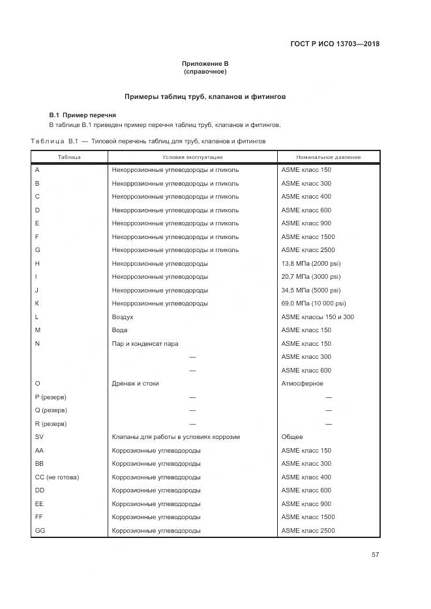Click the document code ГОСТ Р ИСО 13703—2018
click(334, 44)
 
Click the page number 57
click(375, 554)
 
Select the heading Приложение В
click(205, 63)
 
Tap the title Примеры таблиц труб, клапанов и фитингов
click(205, 96)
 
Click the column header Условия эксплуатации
click(192, 157)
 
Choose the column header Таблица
click(69, 157)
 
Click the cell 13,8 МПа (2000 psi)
click(310, 264)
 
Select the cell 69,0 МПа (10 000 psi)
click(313, 304)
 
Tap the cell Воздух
click(123, 317)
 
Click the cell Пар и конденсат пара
click(145, 344)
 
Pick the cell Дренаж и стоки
click(135, 384)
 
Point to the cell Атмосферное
click(302, 384)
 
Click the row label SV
click(39, 437)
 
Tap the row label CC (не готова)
click(57, 477)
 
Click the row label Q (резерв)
click(51, 410)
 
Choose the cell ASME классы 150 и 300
click(318, 317)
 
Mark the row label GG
click(40, 531)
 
